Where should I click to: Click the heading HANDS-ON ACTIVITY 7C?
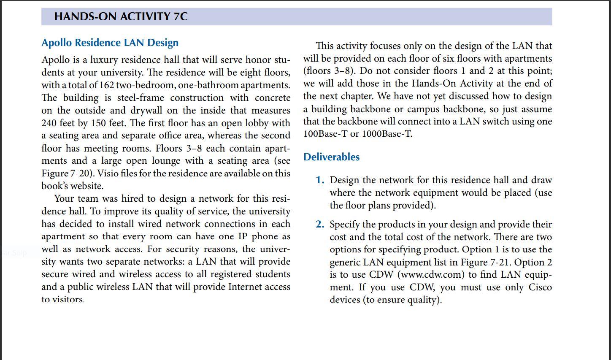(121, 16)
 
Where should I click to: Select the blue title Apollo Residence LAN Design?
(110, 43)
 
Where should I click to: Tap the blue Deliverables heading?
(331, 157)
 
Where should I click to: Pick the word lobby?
(263, 123)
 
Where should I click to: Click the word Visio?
(108, 173)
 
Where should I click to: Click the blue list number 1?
(320, 180)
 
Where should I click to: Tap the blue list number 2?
(320, 225)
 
